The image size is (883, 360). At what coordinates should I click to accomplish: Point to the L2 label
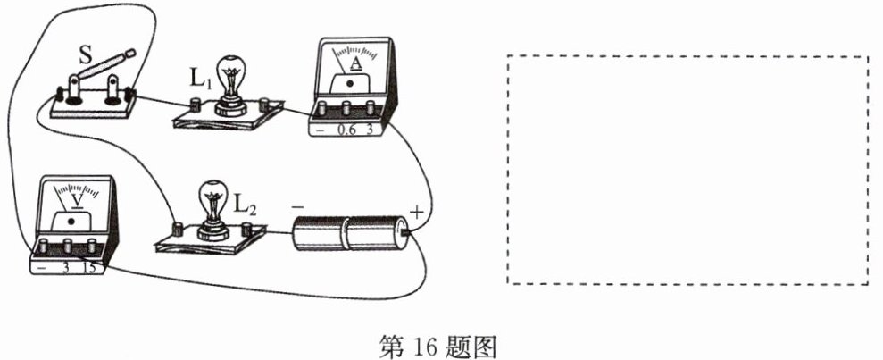pyautogui.click(x=245, y=207)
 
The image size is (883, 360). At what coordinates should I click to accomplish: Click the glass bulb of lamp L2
pyautogui.click(x=212, y=201)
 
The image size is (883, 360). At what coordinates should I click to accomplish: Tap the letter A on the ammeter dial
pyautogui.click(x=355, y=63)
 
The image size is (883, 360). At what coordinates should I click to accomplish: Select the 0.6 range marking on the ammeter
pyautogui.click(x=346, y=129)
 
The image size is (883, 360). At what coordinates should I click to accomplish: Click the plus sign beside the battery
pyautogui.click(x=415, y=213)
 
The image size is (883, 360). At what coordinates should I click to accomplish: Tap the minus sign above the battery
pyautogui.click(x=298, y=206)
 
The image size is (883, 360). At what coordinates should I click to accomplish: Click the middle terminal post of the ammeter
pyautogui.click(x=346, y=107)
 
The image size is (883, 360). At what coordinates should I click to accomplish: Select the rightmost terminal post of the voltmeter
pyautogui.click(x=92, y=246)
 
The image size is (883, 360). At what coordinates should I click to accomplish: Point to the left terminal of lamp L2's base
pyautogui.click(x=178, y=228)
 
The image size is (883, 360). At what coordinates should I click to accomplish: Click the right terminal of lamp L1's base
pyautogui.click(x=263, y=104)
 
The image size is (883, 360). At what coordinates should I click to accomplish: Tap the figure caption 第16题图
pyautogui.click(x=438, y=346)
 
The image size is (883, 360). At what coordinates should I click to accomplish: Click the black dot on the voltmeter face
pyautogui.click(x=71, y=222)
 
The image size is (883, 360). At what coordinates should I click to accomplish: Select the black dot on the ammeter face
pyautogui.click(x=350, y=83)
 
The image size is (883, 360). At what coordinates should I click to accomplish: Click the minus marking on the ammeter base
pyautogui.click(x=320, y=130)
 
